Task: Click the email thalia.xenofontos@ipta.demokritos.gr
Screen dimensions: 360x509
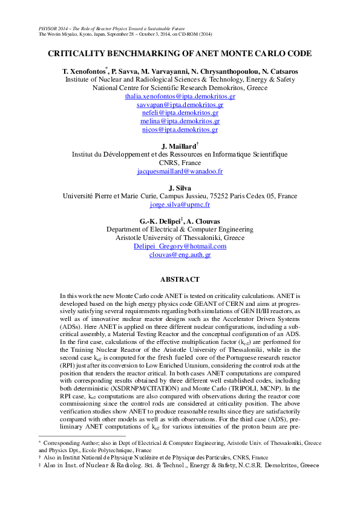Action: (180, 96)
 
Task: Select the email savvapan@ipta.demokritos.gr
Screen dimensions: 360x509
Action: (180, 105)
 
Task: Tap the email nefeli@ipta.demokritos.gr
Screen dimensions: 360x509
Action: (180, 112)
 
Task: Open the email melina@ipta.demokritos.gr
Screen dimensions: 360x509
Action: (180, 121)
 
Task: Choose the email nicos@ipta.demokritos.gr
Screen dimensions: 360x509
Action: (180, 129)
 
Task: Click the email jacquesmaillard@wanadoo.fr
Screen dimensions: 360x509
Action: (180, 171)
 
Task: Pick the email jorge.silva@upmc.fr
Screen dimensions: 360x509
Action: (180, 204)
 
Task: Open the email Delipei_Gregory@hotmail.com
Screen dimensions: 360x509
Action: (180, 247)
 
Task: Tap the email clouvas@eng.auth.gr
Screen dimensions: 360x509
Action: (180, 255)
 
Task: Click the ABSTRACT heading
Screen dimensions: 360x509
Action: (180, 280)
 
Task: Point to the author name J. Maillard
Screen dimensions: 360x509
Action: (178, 146)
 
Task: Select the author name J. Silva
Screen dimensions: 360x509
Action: (180, 188)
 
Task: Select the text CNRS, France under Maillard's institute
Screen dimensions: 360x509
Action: (180, 163)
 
